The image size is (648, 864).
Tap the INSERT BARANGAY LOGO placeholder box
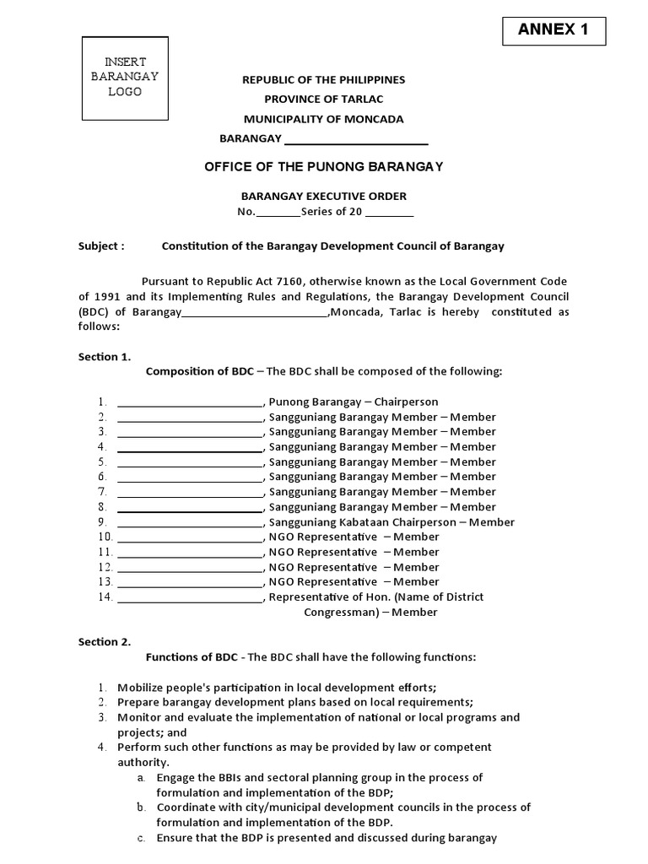point(125,78)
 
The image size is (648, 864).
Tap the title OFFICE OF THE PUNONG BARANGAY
point(324,167)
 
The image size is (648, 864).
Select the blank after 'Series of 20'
point(390,213)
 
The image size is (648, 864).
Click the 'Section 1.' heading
point(105,357)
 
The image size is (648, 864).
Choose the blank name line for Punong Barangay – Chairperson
point(190,402)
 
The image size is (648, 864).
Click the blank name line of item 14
point(190,597)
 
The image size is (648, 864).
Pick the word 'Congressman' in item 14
point(336,613)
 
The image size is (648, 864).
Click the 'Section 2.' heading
point(105,642)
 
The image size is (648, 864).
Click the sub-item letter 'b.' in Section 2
point(141,807)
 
